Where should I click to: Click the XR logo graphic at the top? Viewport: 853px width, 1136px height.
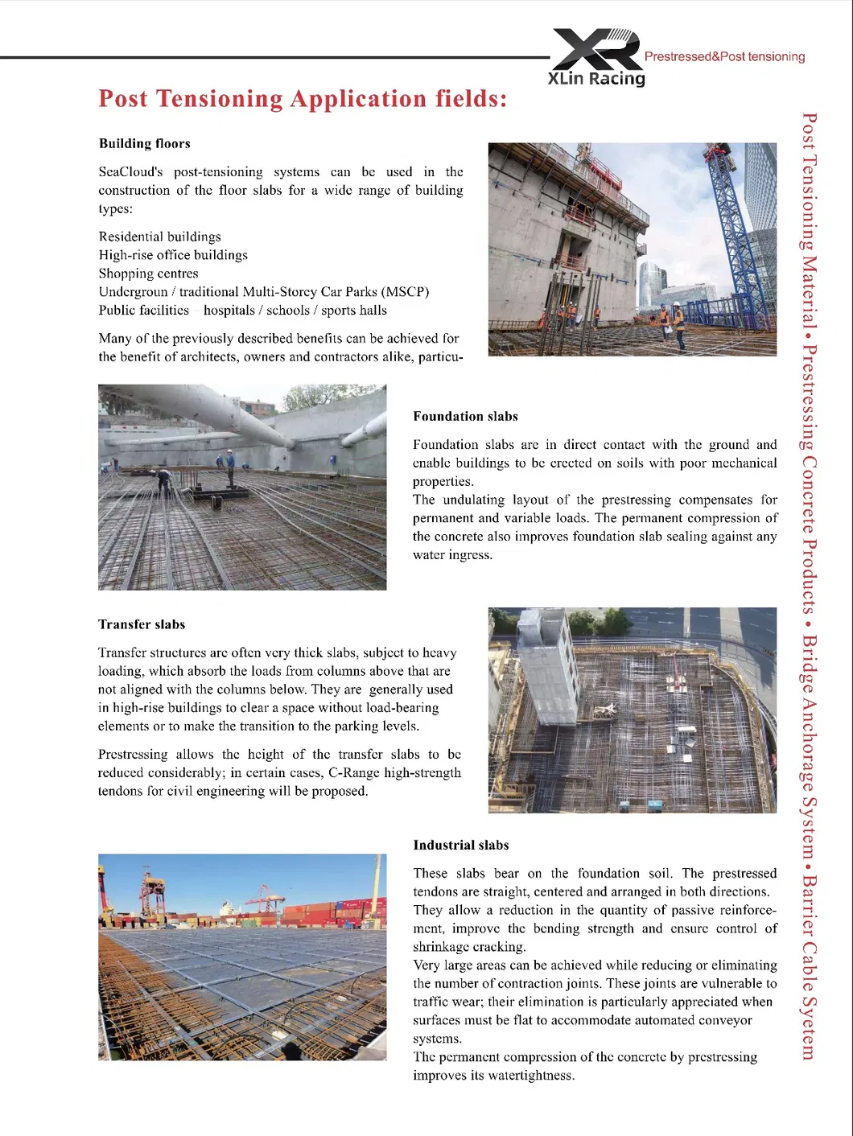pyautogui.click(x=596, y=49)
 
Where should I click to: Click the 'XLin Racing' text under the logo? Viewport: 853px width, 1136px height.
pyautogui.click(x=596, y=78)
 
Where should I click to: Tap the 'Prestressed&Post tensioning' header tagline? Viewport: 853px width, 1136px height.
pyautogui.click(x=724, y=56)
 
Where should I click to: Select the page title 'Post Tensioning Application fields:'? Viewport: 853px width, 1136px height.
pyautogui.click(x=303, y=98)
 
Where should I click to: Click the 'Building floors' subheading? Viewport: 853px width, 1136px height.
pyautogui.click(x=145, y=143)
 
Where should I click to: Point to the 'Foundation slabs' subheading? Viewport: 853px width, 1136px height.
pyautogui.click(x=465, y=416)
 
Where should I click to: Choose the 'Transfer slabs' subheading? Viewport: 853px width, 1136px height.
pyautogui.click(x=142, y=624)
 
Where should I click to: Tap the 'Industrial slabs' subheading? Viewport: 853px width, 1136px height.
pyautogui.click(x=460, y=845)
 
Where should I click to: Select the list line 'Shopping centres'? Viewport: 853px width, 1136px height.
pyautogui.click(x=148, y=274)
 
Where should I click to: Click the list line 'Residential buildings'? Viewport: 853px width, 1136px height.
pyautogui.click(x=159, y=237)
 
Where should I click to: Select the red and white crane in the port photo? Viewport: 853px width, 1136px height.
pyautogui.click(x=153, y=893)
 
